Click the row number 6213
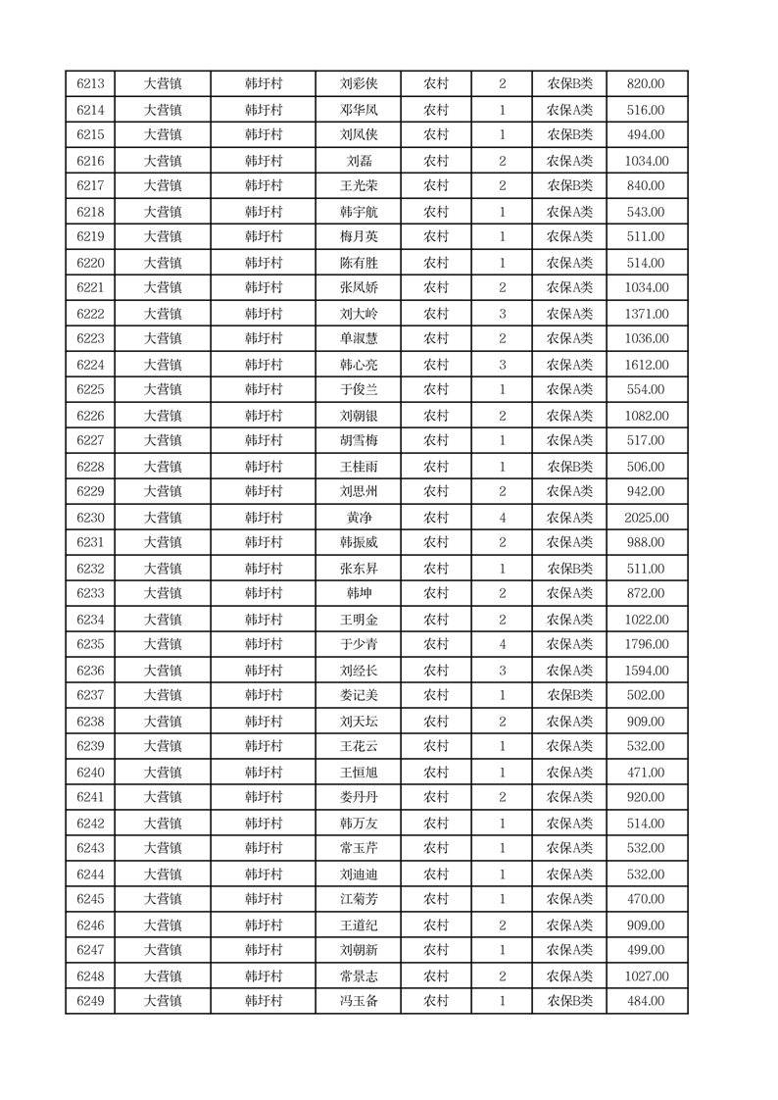click(x=90, y=84)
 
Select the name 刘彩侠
click(x=359, y=84)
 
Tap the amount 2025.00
click(x=646, y=518)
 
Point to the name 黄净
click(x=359, y=518)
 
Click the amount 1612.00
click(x=646, y=365)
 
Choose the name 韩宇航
click(x=359, y=212)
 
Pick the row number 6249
click(x=90, y=1001)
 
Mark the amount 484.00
click(x=646, y=1001)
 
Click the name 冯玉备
click(x=359, y=1001)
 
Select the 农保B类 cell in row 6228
click(x=569, y=467)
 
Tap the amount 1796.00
click(x=646, y=644)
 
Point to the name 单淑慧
click(x=359, y=338)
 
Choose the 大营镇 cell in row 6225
click(x=163, y=389)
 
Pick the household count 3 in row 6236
click(x=503, y=671)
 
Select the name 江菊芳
click(x=359, y=899)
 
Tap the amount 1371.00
click(x=646, y=314)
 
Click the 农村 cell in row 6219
click(x=436, y=236)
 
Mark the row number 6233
click(x=90, y=593)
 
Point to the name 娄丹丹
click(x=359, y=797)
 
